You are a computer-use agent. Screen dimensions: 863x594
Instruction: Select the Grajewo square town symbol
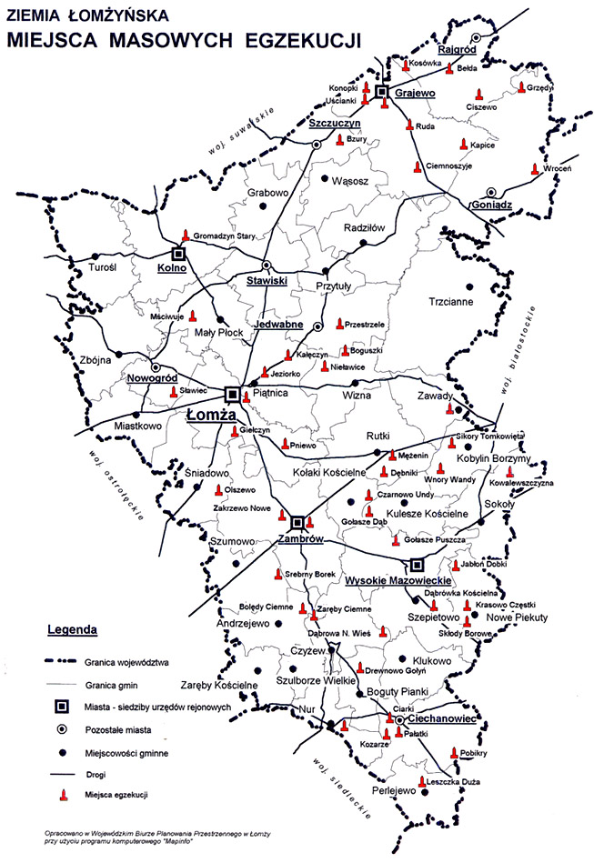click(x=383, y=93)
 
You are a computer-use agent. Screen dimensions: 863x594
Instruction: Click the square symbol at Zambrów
click(x=297, y=523)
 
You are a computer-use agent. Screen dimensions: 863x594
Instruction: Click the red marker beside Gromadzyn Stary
click(x=186, y=235)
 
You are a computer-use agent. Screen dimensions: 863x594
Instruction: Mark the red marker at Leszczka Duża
click(x=422, y=781)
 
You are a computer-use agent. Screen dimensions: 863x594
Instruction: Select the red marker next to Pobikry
click(x=454, y=753)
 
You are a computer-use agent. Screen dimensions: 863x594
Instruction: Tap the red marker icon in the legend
click(x=63, y=795)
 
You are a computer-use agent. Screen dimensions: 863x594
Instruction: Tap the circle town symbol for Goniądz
click(x=492, y=191)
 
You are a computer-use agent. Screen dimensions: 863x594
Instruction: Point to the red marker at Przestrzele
click(x=339, y=324)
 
